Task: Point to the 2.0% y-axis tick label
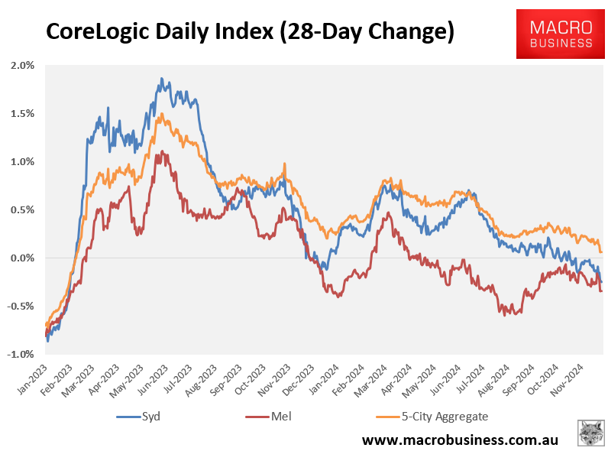[x=23, y=66]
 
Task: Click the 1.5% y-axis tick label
[x=23, y=114]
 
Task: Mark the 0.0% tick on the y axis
[x=23, y=258]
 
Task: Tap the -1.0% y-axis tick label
[x=21, y=355]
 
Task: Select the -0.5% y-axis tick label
[x=21, y=307]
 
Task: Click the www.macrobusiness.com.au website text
[x=460, y=440]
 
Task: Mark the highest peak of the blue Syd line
[x=161, y=78]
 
